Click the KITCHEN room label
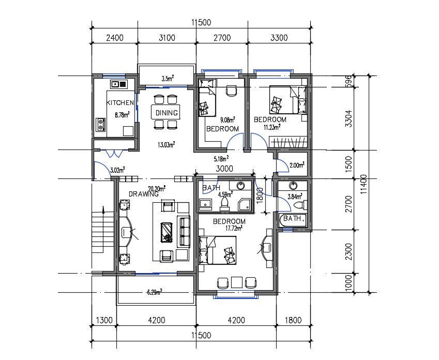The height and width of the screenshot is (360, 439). tap(120, 103)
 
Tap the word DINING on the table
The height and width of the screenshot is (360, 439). tap(166, 113)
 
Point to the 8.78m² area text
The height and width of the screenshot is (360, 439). tap(121, 115)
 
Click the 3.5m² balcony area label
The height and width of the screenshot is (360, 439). tap(167, 79)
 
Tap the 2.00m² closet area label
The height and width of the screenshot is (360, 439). tap(296, 165)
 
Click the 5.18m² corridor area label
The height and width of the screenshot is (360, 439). tap(221, 158)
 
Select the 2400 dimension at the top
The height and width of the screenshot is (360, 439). tap(114, 37)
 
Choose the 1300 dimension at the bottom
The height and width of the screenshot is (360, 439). tap(104, 320)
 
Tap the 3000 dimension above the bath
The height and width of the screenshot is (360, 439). tap(223, 169)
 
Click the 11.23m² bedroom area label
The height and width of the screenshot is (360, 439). tap(272, 126)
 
